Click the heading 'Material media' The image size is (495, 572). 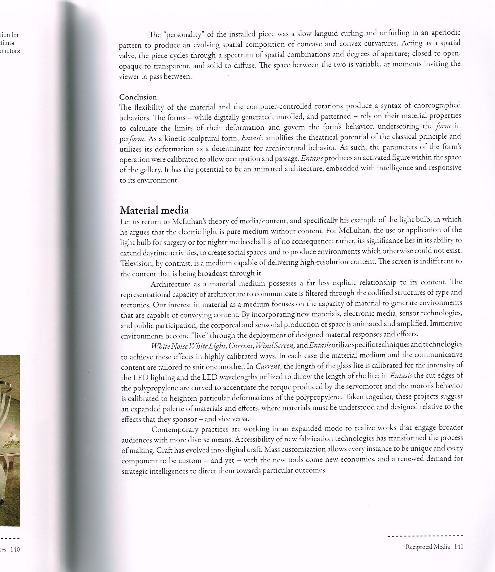tap(154, 211)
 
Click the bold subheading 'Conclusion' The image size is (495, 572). tap(138, 97)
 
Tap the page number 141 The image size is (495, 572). tap(458, 547)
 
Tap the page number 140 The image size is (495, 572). tap(15, 549)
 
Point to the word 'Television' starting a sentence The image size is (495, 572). tap(135, 263)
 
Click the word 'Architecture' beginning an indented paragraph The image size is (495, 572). tap(171, 284)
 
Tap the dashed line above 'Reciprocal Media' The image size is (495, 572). tap(425, 536)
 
